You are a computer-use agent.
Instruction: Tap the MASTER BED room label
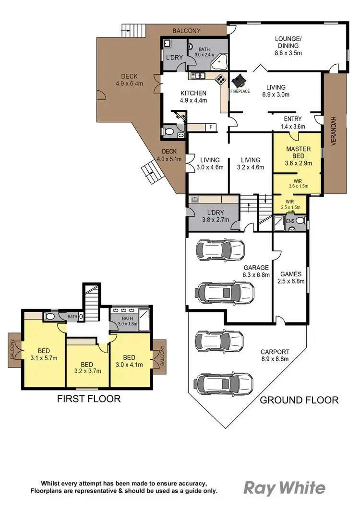click(296, 153)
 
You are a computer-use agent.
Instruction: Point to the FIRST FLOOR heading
click(89, 399)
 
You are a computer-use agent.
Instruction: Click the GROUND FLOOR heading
click(299, 400)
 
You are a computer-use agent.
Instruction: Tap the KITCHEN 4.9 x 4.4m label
click(193, 96)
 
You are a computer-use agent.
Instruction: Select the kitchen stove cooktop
click(220, 80)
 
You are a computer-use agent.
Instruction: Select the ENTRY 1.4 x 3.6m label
click(293, 123)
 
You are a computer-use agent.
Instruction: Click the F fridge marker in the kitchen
click(210, 127)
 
